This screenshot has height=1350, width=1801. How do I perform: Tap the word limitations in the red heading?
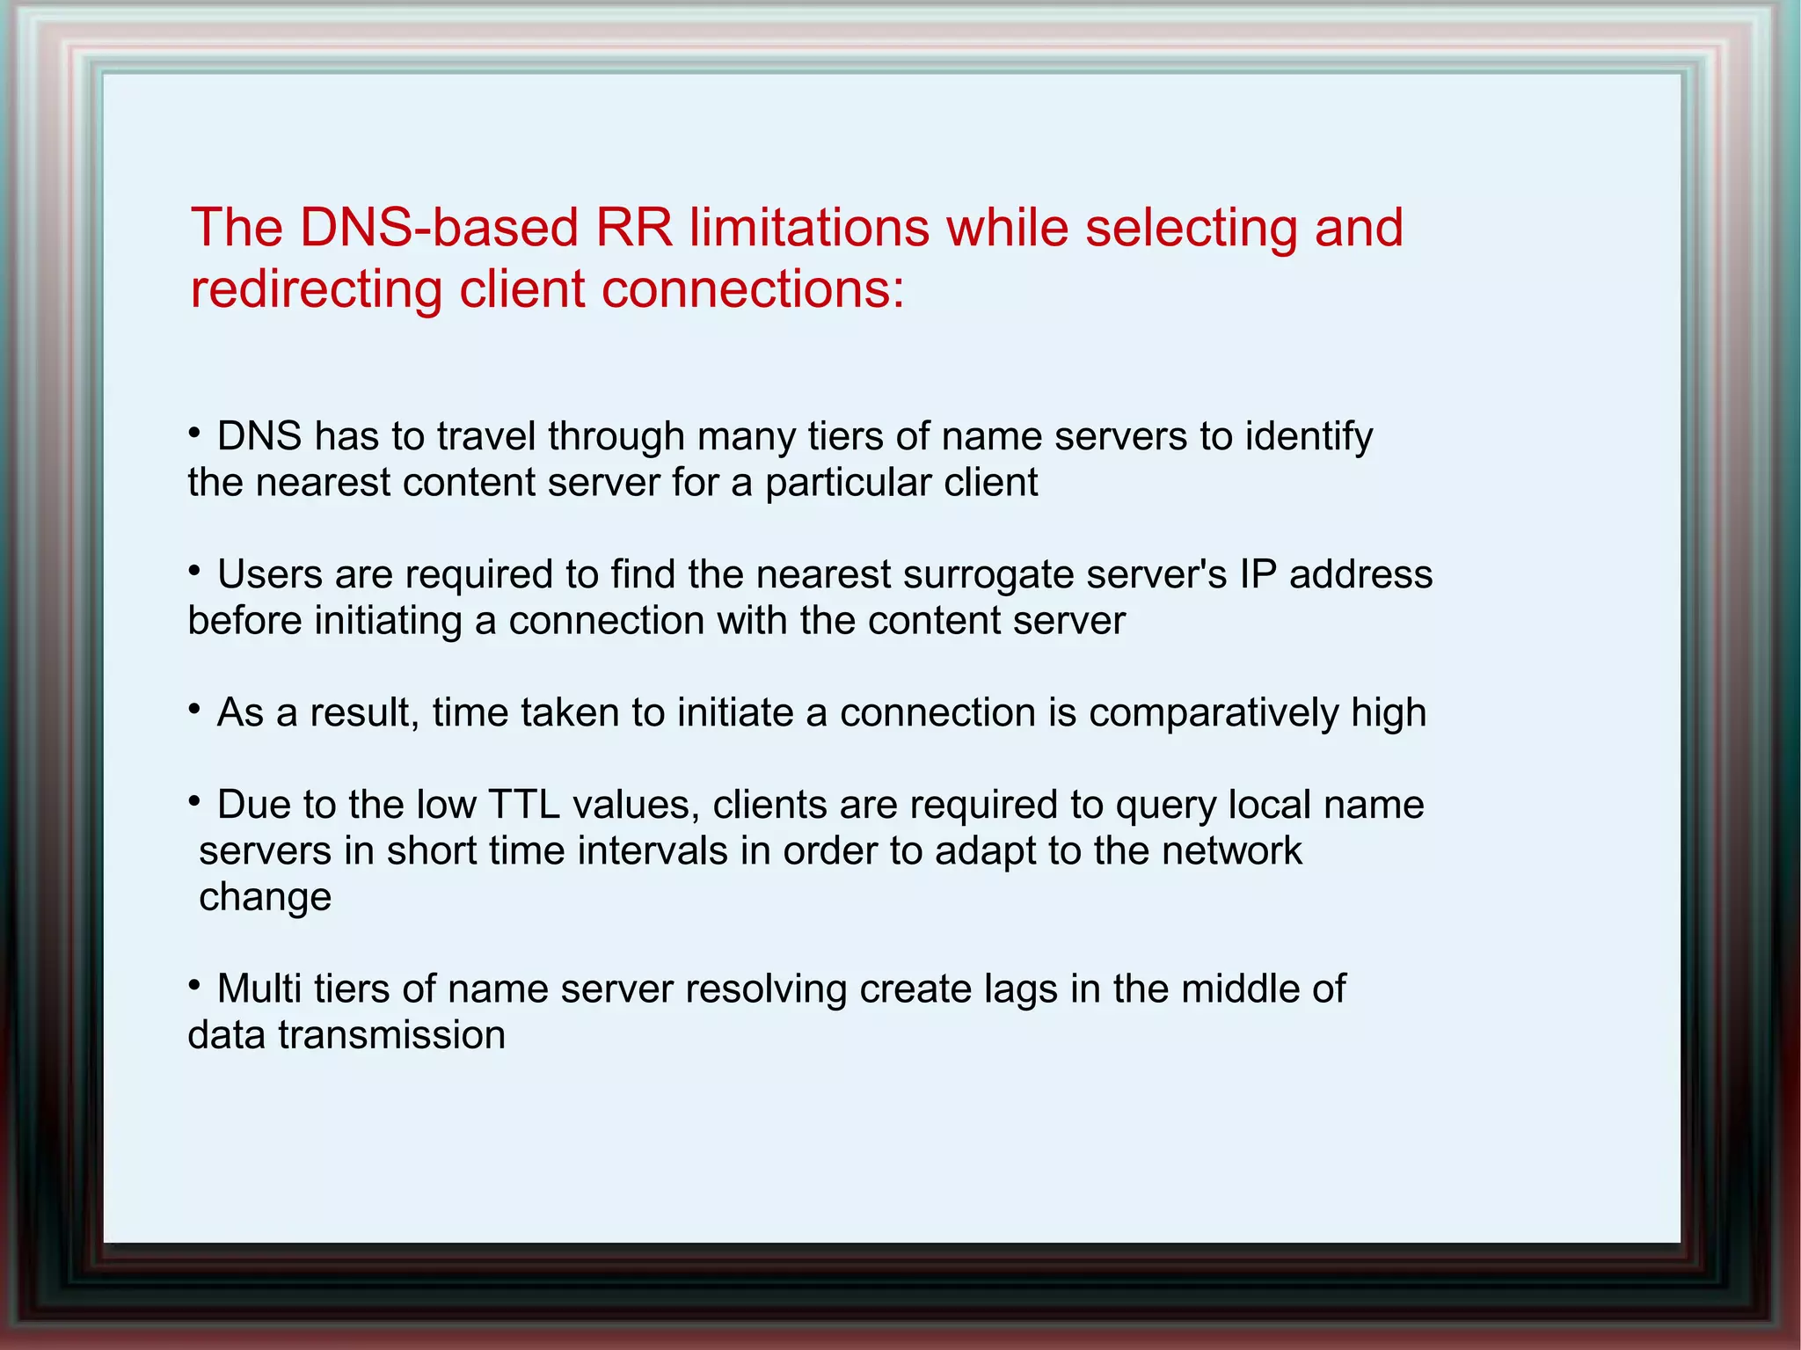pos(809,228)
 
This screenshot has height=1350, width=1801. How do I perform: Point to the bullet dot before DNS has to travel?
pos(194,432)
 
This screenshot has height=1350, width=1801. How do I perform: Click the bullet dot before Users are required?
pos(194,570)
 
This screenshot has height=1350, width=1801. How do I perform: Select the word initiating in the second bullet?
pos(388,621)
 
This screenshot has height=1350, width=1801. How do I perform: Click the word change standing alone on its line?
pos(265,898)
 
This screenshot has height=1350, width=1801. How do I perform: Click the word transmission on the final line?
pos(391,1035)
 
